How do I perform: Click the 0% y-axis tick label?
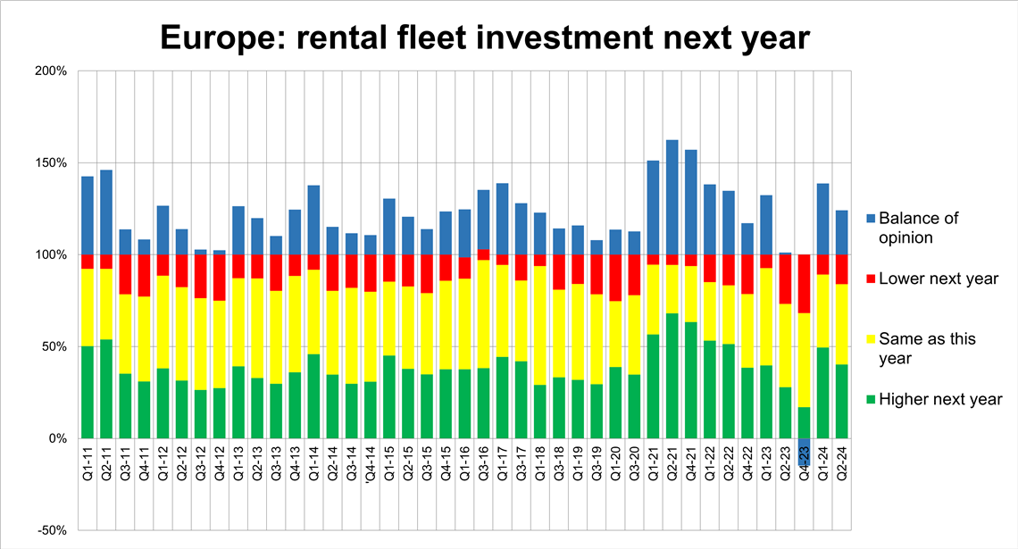pyautogui.click(x=59, y=438)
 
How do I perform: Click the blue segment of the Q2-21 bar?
pyautogui.click(x=672, y=197)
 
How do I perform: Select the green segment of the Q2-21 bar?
pyautogui.click(x=672, y=376)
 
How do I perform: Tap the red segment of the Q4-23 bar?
pyautogui.click(x=804, y=284)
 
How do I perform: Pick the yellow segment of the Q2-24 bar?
pyautogui.click(x=841, y=324)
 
